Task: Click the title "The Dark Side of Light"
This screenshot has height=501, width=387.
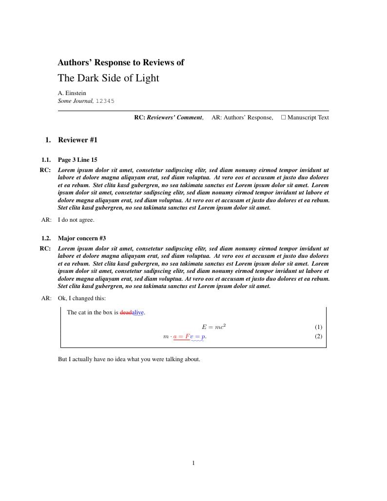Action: click(x=108, y=78)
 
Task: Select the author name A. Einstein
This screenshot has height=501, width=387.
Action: click(x=72, y=93)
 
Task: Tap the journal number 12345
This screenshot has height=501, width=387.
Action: click(x=105, y=101)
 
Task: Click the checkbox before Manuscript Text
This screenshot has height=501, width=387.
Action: click(x=283, y=117)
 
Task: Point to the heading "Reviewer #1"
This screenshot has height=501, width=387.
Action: click(x=77, y=140)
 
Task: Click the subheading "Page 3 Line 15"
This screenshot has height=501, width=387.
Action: click(x=77, y=160)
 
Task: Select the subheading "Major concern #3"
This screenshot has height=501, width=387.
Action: click(x=82, y=238)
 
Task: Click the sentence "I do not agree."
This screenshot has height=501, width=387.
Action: click(x=76, y=220)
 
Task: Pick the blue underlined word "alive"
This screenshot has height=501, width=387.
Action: click(x=137, y=312)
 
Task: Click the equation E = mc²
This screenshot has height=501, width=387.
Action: click(x=213, y=327)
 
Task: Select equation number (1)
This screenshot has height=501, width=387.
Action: click(x=318, y=327)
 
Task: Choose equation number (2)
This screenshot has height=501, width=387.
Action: click(x=318, y=336)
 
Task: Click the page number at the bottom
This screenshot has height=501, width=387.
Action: click(x=193, y=463)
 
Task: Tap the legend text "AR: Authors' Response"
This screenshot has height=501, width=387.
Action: click(x=242, y=117)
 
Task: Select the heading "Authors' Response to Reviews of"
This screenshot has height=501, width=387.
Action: click(x=121, y=62)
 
